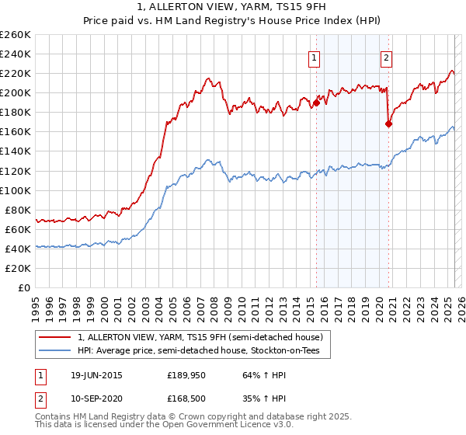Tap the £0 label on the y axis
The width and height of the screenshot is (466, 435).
[23, 288]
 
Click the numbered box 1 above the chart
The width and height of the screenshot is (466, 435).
[314, 57]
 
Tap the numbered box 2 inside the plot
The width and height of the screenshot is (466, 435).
[386, 57]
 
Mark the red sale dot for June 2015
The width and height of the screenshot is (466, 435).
[317, 103]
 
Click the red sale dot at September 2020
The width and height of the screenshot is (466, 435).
[389, 124]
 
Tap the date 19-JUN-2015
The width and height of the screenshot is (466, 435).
[96, 375]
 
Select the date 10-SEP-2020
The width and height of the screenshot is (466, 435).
[96, 397]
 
